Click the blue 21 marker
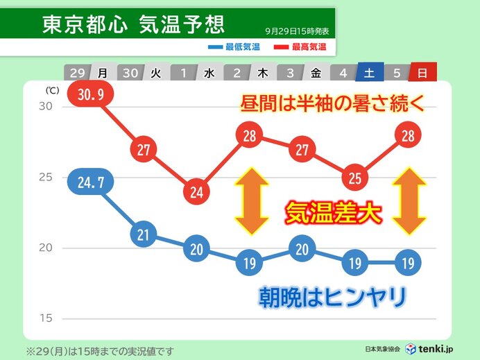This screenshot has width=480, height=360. tap(144, 234)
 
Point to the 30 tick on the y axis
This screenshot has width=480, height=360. tap(45, 106)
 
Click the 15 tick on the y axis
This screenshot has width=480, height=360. tap(45, 318)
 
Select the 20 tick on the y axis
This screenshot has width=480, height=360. tap(45, 248)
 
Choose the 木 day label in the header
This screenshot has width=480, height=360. tap(263, 72)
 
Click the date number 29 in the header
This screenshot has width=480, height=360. tap(77, 72)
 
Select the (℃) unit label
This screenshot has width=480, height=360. tap(52, 90)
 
